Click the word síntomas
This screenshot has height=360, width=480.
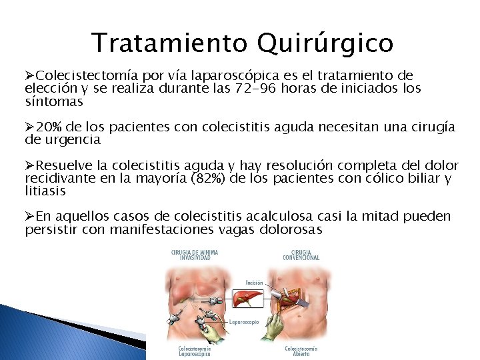click(x=53, y=102)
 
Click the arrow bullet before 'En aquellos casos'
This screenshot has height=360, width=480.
click(x=29, y=217)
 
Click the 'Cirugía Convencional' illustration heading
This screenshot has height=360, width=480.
click(x=301, y=255)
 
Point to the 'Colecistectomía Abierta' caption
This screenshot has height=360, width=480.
click(x=301, y=351)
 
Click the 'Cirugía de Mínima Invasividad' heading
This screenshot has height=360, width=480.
click(x=195, y=255)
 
